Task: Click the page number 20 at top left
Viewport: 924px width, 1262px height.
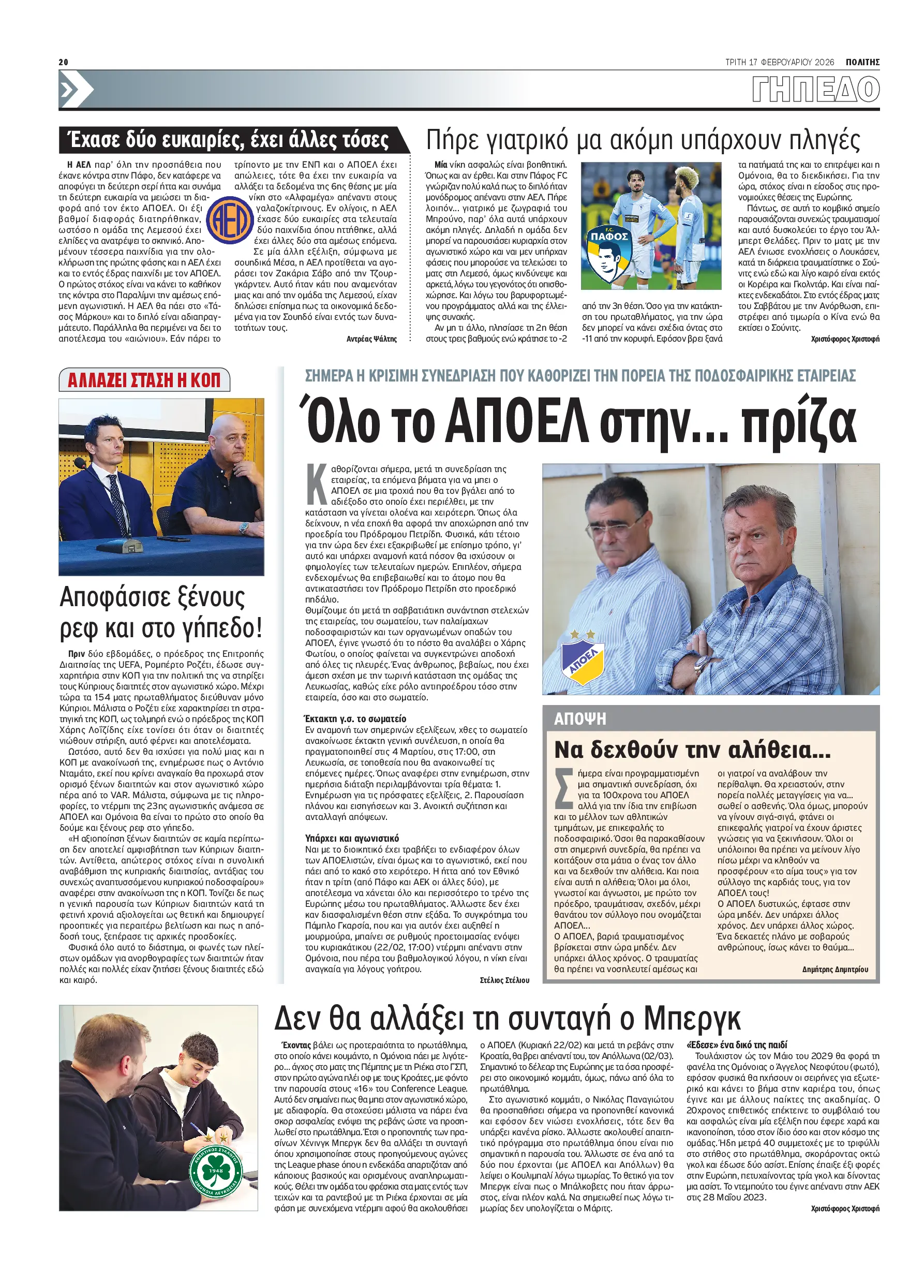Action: point(63,62)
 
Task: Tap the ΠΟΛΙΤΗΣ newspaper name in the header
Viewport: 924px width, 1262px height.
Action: point(862,62)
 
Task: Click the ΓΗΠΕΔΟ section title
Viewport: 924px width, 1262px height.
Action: point(815,90)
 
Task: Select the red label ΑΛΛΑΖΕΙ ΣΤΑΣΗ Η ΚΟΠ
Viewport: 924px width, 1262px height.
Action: point(144,380)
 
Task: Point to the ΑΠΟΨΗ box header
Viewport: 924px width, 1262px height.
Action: point(580,718)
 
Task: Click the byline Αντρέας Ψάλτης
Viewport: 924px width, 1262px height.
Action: point(371,339)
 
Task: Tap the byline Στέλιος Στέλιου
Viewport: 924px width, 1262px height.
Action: point(504,980)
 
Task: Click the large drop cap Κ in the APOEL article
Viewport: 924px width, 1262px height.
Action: point(317,484)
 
